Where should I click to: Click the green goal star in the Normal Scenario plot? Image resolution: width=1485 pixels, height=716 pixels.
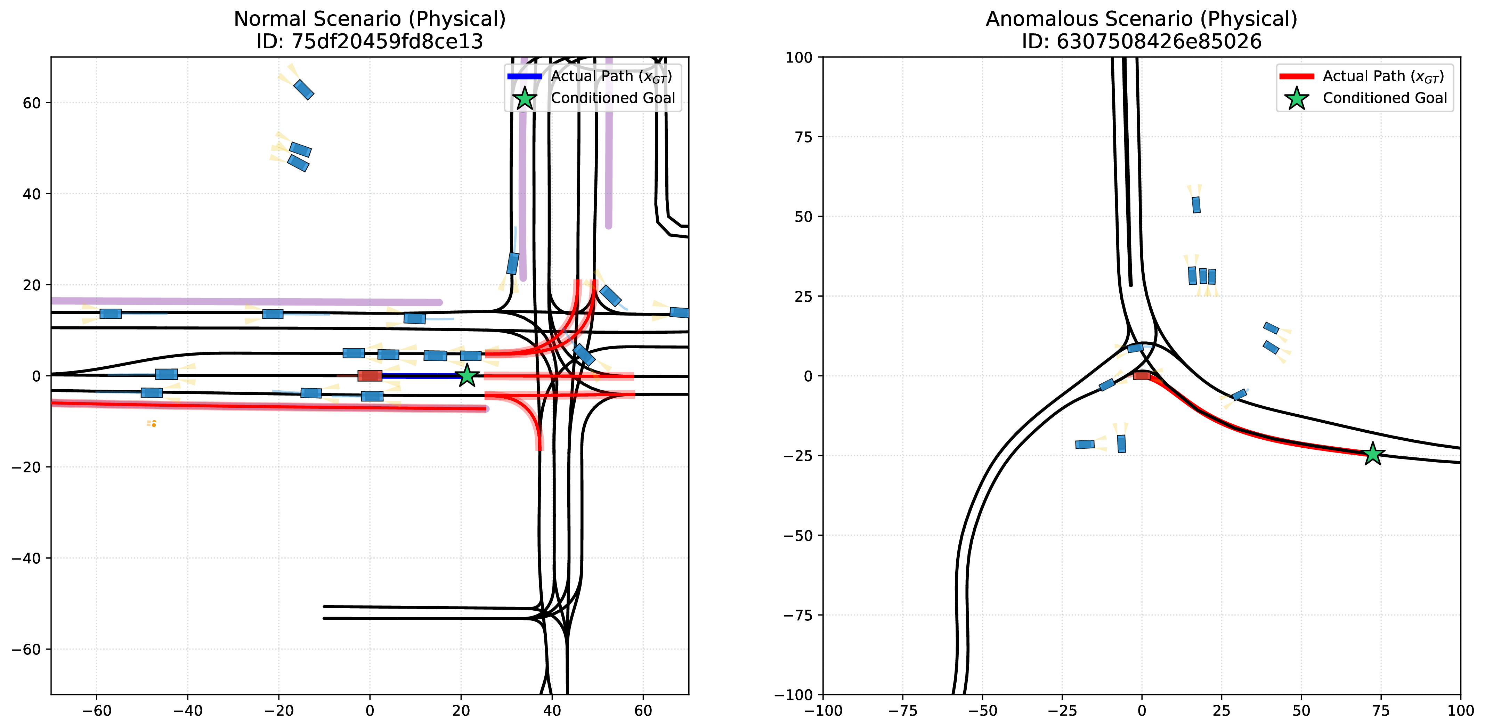tap(467, 376)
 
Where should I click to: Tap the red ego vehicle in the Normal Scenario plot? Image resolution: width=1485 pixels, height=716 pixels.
tap(370, 376)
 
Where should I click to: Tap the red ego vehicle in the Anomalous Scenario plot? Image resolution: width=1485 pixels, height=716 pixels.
tap(1142, 375)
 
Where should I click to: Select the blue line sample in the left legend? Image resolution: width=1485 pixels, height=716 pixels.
tap(525, 76)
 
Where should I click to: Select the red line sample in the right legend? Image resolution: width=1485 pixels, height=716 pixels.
tap(1297, 76)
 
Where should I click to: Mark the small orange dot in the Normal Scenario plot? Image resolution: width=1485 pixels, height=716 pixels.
tap(154, 425)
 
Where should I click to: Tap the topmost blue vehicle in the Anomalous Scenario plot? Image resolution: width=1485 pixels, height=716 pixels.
tap(1196, 205)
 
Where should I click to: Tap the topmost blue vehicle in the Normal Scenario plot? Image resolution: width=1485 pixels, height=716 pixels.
tap(304, 89)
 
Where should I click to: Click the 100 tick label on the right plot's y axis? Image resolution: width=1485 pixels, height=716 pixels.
tap(801, 57)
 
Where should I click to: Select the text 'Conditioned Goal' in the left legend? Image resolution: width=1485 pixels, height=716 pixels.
tap(613, 98)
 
